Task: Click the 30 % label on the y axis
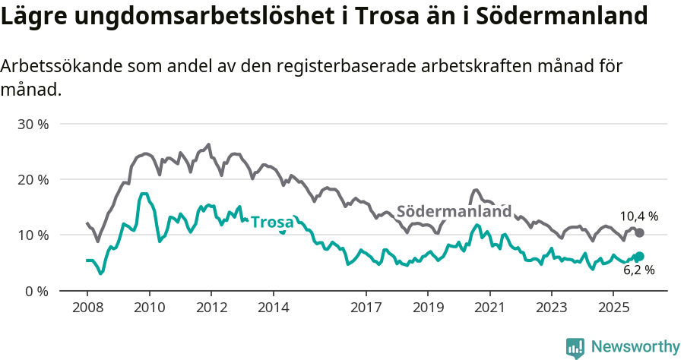tap(33, 124)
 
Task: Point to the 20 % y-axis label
tap(33, 180)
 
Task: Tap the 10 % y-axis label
tap(33, 235)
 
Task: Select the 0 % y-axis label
tap(36, 291)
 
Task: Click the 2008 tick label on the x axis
tap(87, 308)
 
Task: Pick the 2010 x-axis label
tap(149, 308)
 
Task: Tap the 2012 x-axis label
tap(211, 308)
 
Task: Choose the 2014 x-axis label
tap(273, 308)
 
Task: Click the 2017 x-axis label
tap(366, 308)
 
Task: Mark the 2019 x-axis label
tap(427, 308)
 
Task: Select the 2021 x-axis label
tap(489, 308)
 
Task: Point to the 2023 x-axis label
tap(551, 308)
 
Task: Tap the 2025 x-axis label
tap(613, 308)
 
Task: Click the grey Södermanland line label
tap(454, 211)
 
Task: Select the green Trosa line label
tap(272, 223)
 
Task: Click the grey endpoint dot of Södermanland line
tap(639, 232)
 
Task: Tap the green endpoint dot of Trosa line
tap(639, 257)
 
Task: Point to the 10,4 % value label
tap(638, 216)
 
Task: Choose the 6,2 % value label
tap(638, 270)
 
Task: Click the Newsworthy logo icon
tap(575, 348)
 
